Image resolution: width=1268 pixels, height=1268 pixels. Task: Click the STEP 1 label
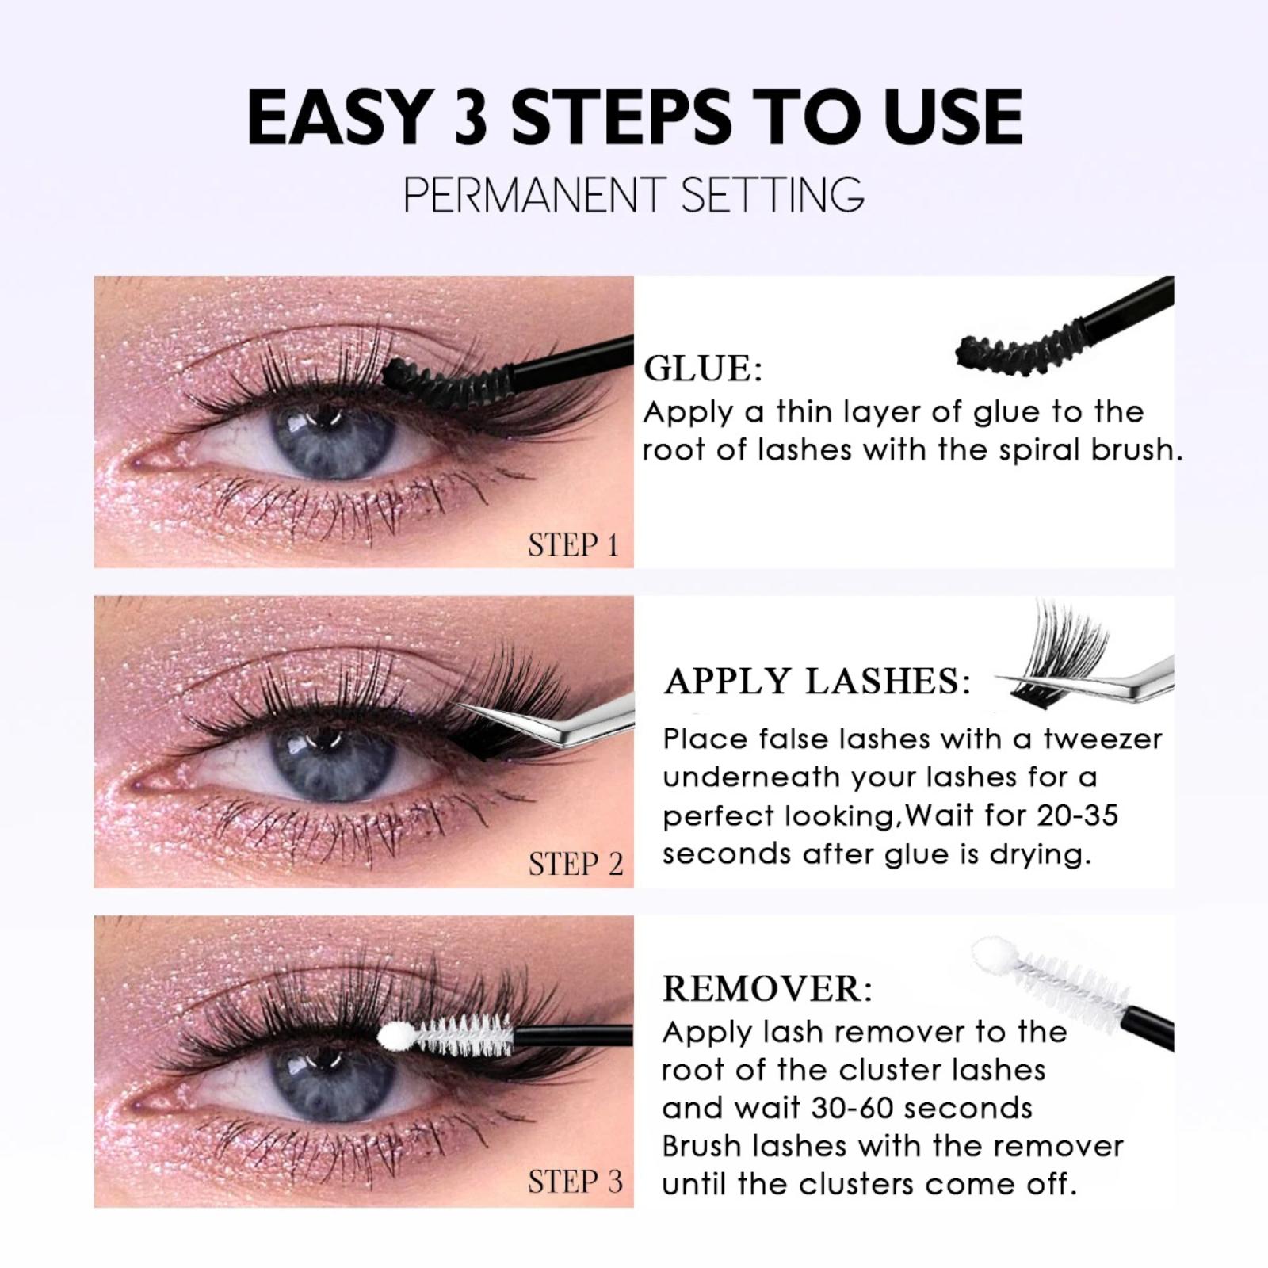573,545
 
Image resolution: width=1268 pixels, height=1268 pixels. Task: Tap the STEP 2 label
576,864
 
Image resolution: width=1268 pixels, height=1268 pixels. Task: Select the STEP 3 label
576,1182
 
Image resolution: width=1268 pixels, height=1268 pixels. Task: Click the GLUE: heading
703,369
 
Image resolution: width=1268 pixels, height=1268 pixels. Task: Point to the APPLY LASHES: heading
817,681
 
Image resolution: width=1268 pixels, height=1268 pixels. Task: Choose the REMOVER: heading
767,988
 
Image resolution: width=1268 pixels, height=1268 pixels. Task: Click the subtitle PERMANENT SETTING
634,194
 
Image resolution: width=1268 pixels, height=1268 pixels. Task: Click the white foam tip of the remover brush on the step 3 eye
394,1035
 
